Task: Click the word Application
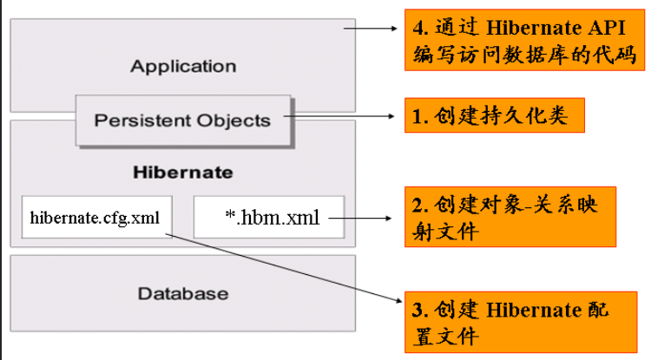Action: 183,66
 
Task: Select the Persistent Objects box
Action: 182,121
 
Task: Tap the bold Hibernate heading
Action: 182,172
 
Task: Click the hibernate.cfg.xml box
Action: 95,217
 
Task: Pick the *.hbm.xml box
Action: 268,217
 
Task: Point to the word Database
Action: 182,293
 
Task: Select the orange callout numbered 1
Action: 492,115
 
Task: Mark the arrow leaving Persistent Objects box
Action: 343,114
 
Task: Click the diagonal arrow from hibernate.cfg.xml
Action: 286,268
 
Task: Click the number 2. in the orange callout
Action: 419,206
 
